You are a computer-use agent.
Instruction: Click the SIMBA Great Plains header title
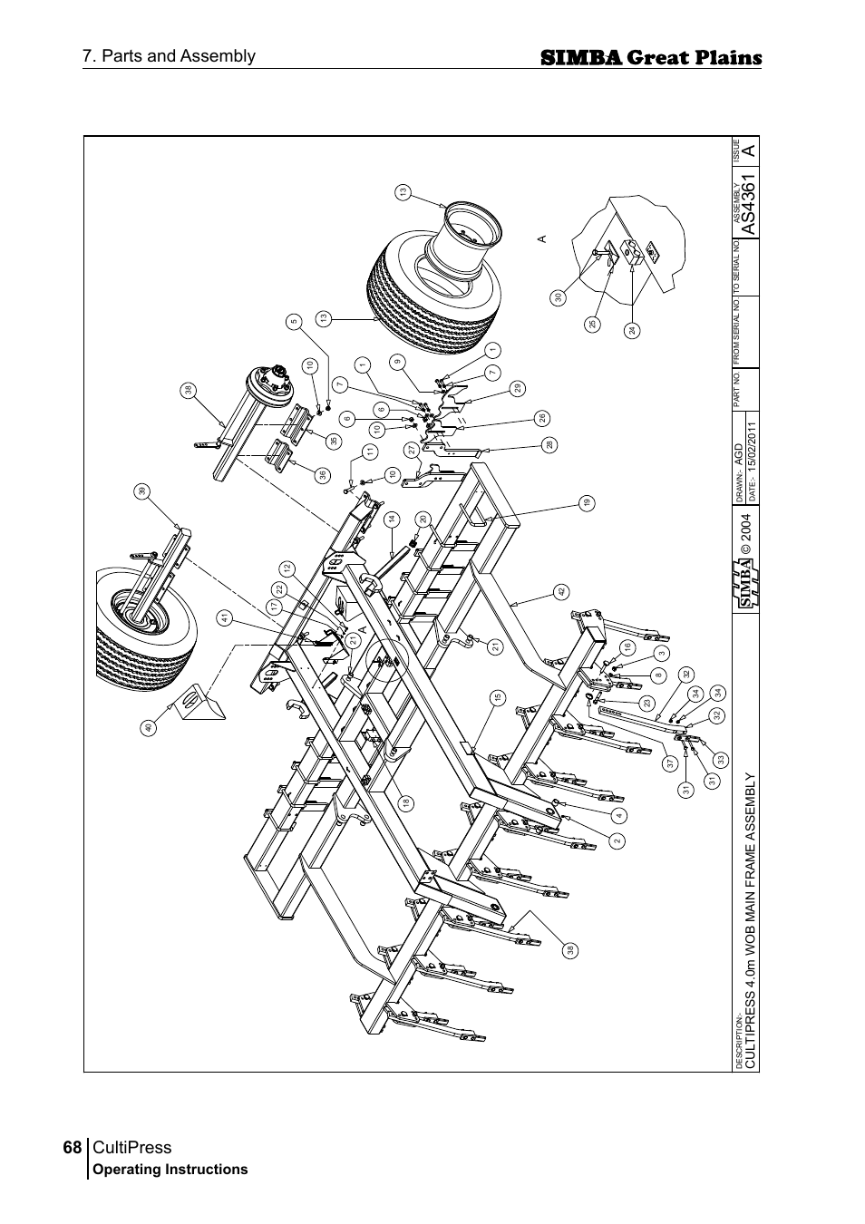650,58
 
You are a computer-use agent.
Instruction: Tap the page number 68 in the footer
72,1148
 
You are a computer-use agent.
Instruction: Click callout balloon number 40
149,727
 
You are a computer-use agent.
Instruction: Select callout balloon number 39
141,491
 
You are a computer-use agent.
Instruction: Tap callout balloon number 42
561,592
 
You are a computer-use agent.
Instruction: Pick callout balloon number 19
587,502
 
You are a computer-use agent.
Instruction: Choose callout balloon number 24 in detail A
632,331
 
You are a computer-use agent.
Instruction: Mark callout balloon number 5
294,321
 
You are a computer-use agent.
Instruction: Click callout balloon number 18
407,802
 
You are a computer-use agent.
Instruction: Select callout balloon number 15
497,697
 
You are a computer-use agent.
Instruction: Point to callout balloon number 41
223,617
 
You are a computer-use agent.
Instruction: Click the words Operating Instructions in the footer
170,1170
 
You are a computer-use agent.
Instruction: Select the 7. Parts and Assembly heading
169,56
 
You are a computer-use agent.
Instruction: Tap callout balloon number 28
549,444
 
